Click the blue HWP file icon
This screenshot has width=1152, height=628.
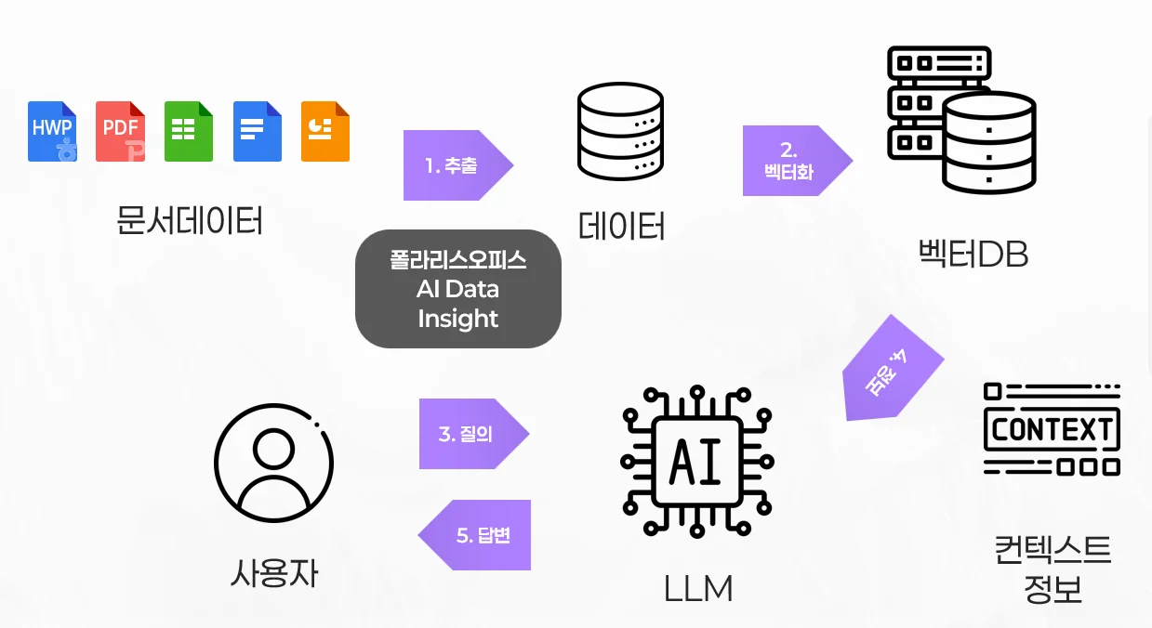(x=52, y=131)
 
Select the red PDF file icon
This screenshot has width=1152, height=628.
(x=121, y=131)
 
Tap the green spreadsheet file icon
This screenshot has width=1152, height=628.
(x=189, y=131)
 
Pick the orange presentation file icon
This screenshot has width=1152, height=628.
(x=325, y=131)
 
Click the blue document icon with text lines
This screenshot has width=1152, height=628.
(x=257, y=131)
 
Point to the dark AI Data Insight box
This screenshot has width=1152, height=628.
(x=457, y=289)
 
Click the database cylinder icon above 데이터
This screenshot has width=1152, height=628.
(x=620, y=132)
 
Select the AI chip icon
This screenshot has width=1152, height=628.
(x=696, y=462)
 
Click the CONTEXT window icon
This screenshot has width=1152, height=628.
(x=1052, y=429)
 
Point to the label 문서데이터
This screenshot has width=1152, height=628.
(x=189, y=220)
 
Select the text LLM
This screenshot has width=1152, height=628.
(x=698, y=589)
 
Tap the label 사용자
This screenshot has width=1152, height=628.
(x=273, y=573)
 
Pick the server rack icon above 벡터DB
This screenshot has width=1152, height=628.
(x=960, y=118)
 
